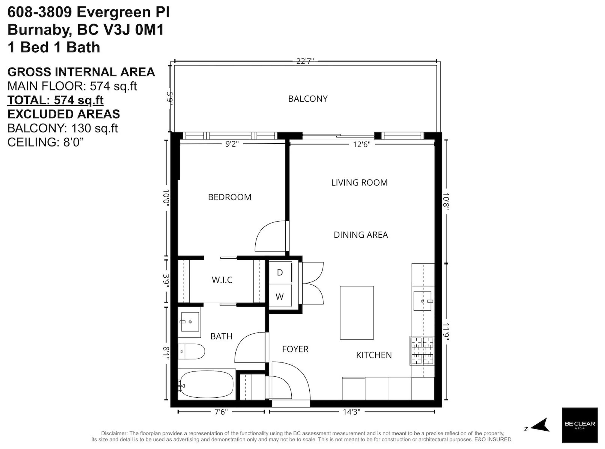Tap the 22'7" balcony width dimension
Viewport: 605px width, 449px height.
(x=305, y=61)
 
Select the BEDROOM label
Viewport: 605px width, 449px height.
(x=229, y=197)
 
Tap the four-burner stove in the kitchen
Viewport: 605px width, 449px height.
(x=422, y=351)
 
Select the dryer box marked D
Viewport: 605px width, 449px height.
(x=280, y=272)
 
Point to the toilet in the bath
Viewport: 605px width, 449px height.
(x=191, y=351)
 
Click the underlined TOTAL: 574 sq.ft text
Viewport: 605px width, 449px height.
(x=55, y=100)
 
